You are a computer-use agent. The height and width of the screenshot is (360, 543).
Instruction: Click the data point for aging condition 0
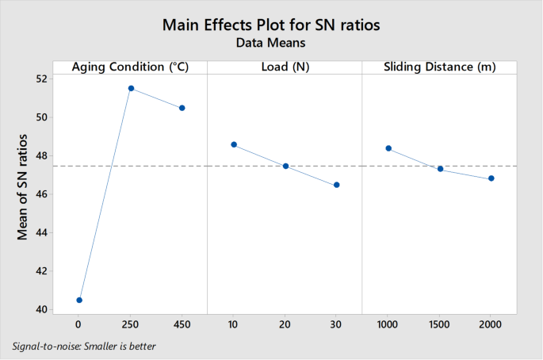coord(79,300)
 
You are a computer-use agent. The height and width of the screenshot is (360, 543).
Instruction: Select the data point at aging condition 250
coord(131,88)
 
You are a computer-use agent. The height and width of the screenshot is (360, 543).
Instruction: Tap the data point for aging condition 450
coord(182,108)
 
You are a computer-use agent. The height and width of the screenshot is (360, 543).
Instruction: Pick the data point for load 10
coord(234,144)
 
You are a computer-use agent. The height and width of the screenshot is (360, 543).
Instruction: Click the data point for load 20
coord(285,166)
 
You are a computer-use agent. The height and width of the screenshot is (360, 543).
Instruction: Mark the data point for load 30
coord(337,185)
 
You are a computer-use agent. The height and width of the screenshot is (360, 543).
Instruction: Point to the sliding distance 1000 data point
coord(388,148)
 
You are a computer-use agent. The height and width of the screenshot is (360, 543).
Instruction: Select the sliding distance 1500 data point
coord(440,169)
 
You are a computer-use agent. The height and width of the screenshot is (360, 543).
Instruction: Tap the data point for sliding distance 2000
coord(491,178)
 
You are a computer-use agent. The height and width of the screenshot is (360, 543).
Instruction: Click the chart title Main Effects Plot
coord(271,25)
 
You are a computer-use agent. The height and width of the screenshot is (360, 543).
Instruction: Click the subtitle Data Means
coord(271,44)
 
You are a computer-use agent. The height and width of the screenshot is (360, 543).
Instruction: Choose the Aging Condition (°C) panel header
coord(130,67)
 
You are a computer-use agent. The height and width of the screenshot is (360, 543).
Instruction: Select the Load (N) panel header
coord(285,67)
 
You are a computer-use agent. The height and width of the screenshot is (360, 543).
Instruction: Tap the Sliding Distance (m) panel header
coord(439,67)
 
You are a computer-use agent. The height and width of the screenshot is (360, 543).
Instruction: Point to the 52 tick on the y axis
coord(41,79)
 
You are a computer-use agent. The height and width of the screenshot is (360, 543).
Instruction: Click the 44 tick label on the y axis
coord(41,232)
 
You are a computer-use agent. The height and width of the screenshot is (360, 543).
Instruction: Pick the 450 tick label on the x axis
coord(182,325)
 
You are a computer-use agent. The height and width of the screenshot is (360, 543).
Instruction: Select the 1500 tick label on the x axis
coord(440,325)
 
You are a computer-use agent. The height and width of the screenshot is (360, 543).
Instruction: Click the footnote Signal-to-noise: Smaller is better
coord(84,347)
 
